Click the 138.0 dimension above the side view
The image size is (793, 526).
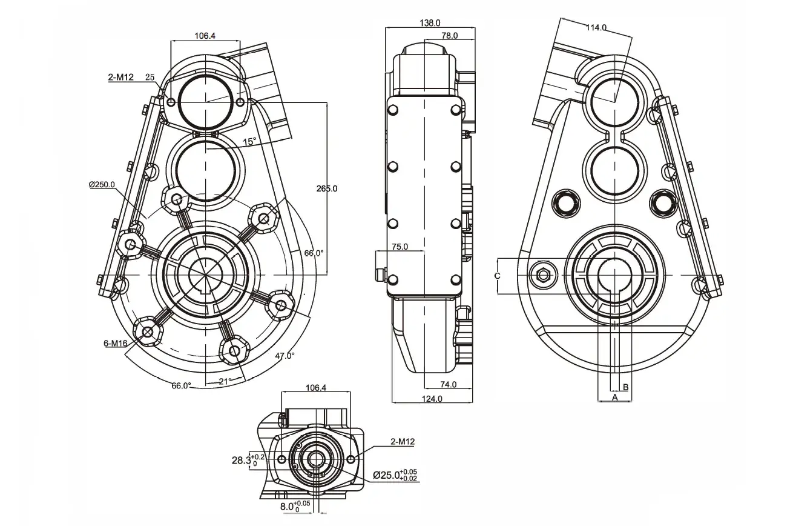(430, 23)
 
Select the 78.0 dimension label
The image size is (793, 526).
(449, 36)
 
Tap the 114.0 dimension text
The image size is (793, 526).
(596, 27)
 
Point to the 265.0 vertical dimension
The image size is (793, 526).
(327, 188)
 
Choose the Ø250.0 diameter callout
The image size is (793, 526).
(101, 184)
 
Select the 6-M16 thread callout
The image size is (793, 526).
(115, 344)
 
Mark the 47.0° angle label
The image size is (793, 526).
(285, 356)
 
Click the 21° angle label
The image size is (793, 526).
(224, 381)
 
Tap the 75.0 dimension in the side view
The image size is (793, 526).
(400, 247)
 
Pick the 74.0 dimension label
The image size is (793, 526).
(448, 384)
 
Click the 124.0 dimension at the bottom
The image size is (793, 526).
(432, 399)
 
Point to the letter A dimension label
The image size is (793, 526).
(614, 398)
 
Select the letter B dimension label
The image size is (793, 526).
(626, 386)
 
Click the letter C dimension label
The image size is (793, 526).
(497, 276)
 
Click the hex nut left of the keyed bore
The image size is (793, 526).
(543, 276)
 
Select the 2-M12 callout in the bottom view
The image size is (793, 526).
(403, 442)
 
